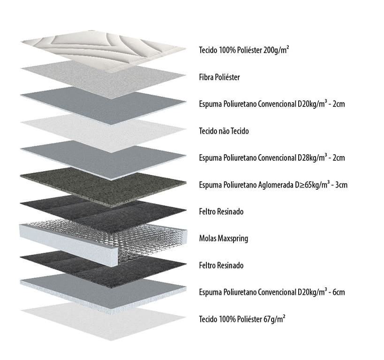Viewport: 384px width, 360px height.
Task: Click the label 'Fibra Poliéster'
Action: click(x=219, y=77)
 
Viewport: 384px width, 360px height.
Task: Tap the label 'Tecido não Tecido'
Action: click(x=224, y=131)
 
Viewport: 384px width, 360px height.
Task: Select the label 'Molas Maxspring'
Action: click(x=224, y=239)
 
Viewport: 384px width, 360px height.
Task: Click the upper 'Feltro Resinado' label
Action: click(x=221, y=211)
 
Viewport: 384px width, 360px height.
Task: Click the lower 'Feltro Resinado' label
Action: click(x=221, y=265)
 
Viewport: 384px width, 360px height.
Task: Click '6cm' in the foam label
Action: click(x=339, y=292)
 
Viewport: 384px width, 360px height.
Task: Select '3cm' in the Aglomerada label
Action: click(x=341, y=185)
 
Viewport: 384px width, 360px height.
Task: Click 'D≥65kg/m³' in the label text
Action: click(x=312, y=184)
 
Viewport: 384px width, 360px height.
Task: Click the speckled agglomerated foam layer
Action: click(x=103, y=186)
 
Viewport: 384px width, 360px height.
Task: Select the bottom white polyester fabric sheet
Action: click(x=103, y=321)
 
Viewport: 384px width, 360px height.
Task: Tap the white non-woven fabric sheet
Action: click(x=103, y=132)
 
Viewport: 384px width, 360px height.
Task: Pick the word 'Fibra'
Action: click(x=206, y=77)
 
